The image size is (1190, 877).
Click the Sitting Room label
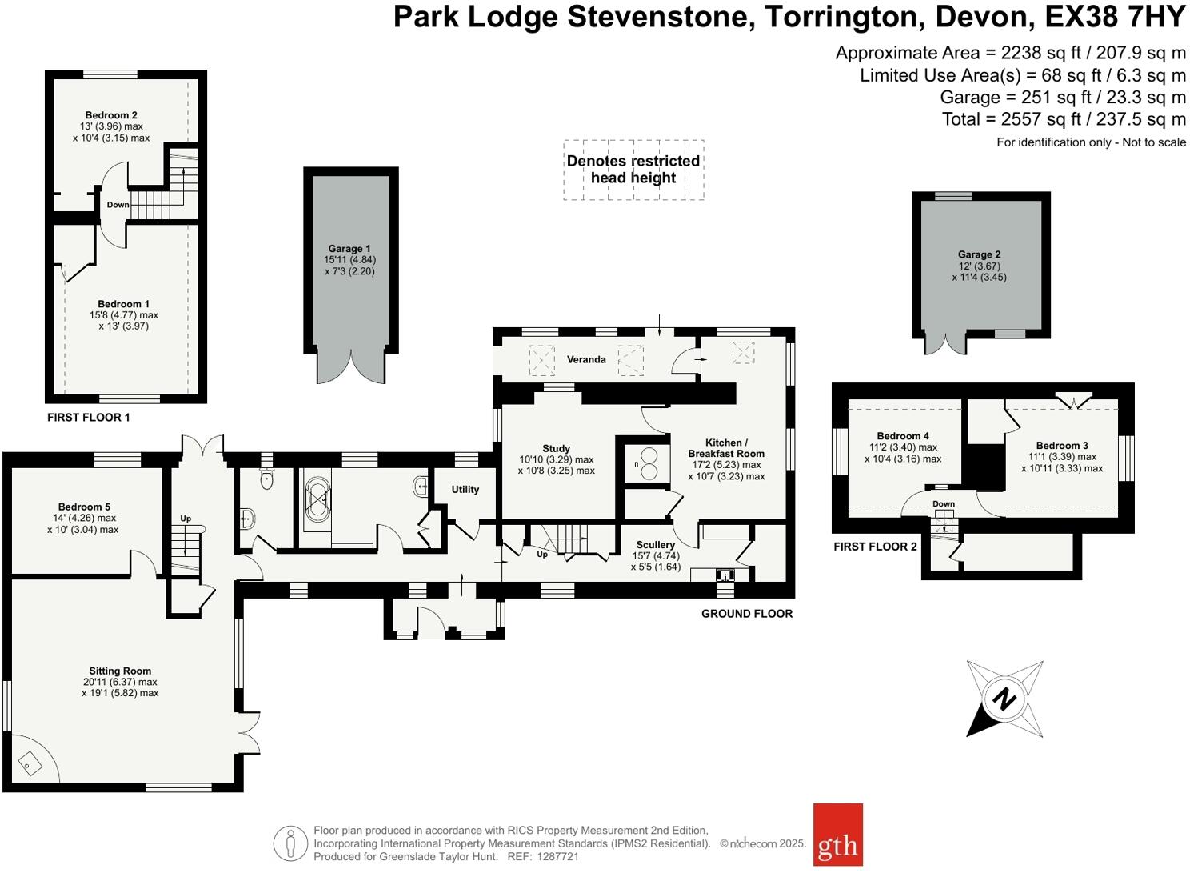pos(120,671)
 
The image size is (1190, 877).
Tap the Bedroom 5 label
pos(84,507)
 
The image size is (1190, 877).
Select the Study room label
pos(556,449)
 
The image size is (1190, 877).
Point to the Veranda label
pos(586,359)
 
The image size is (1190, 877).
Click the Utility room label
pos(465,490)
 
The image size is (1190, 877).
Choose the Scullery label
pos(655,545)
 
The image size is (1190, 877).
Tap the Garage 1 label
pos(349,249)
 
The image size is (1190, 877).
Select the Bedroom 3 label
pos(1061,446)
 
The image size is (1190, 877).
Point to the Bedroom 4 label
pos(902,436)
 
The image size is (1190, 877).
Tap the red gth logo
pos(837,835)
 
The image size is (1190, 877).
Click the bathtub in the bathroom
pos(317,503)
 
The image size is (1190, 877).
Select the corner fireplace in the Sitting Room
pos(32,763)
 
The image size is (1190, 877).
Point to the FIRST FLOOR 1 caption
pos(88,417)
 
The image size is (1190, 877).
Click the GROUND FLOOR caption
pos(746,614)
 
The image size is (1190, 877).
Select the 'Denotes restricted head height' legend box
pos(633,170)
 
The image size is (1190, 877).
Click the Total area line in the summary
pos(1064,119)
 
